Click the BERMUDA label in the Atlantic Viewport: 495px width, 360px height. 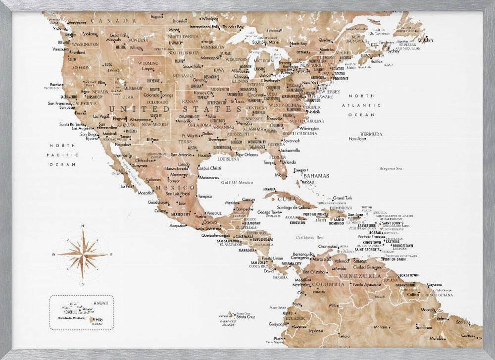pyautogui.click(x=371, y=134)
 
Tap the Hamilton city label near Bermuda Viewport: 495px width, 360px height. pyautogui.click(x=356, y=139)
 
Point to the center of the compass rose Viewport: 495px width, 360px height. pyautogui.click(x=83, y=255)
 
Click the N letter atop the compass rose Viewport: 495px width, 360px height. pyautogui.click(x=83, y=226)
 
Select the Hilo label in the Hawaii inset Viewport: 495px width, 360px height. pyautogui.click(x=99, y=320)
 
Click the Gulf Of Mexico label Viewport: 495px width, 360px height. pyautogui.click(x=237, y=183)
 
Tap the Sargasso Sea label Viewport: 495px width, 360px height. pyautogui.click(x=390, y=169)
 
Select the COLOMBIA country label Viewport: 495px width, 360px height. pyautogui.click(x=327, y=285)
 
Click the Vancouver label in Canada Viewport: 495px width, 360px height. pyautogui.click(x=77, y=23)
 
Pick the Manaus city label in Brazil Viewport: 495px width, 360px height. pyautogui.click(x=381, y=327)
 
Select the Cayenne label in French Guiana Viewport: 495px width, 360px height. pyautogui.click(x=434, y=284)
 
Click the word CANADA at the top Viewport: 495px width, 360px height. pyautogui.click(x=117, y=20)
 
